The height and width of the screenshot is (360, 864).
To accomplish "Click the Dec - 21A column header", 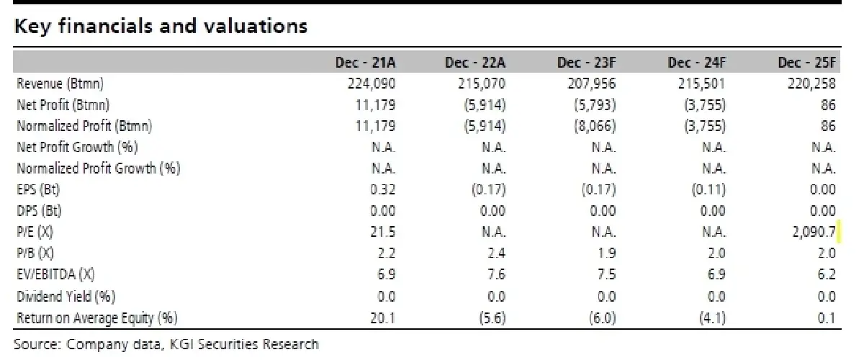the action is pyautogui.click(x=365, y=63).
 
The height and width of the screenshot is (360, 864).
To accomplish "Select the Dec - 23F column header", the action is pyautogui.click(x=586, y=63).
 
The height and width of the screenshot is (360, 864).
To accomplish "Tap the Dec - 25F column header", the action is pyautogui.click(x=807, y=63).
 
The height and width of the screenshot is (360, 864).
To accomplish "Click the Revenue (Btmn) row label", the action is pyautogui.click(x=60, y=84).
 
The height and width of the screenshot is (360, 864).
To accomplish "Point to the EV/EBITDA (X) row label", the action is pyautogui.click(x=55, y=274).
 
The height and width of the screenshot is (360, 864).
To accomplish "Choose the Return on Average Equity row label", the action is pyautogui.click(x=97, y=318).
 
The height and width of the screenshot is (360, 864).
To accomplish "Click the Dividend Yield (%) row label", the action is pyautogui.click(x=66, y=297).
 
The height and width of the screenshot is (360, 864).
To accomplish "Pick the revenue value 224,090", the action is pyautogui.click(x=372, y=84).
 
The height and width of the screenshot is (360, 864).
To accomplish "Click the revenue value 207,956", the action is pyautogui.click(x=592, y=84).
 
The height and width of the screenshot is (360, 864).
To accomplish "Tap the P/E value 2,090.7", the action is pyautogui.click(x=814, y=232).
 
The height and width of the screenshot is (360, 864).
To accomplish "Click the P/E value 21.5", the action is pyautogui.click(x=382, y=232).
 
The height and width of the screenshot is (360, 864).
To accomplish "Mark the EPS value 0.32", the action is pyautogui.click(x=382, y=189).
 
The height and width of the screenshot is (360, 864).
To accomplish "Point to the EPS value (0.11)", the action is pyautogui.click(x=708, y=189).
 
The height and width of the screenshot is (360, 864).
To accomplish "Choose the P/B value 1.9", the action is pyautogui.click(x=606, y=253).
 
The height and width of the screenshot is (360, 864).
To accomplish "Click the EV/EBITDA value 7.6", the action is pyautogui.click(x=496, y=274).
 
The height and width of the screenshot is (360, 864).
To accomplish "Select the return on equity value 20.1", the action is pyautogui.click(x=382, y=318).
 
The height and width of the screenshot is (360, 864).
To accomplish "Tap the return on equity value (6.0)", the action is pyautogui.click(x=603, y=318).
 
